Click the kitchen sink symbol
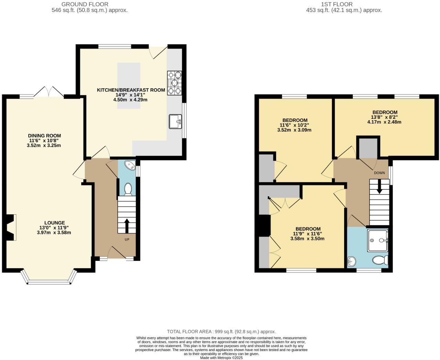pyautogui.click(x=175, y=121)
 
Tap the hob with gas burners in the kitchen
pyautogui.click(x=174, y=83)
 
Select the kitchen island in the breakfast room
pyautogui.click(x=129, y=86)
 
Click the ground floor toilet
pyautogui.click(x=128, y=189)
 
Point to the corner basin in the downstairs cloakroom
pyautogui.click(x=131, y=165)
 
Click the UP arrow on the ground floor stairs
pyautogui.click(x=126, y=226)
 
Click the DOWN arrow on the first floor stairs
pyautogui.click(x=379, y=188)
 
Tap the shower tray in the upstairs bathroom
pyautogui.click(x=377, y=240)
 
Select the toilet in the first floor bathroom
pyautogui.click(x=380, y=260)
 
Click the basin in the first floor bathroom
pyautogui.click(x=351, y=262)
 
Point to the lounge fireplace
pyautogui.click(x=11, y=227)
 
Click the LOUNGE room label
pyautogui.click(x=54, y=223)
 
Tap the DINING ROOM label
pyautogui.click(x=44, y=136)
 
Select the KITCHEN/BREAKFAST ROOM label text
pyautogui.click(x=131, y=90)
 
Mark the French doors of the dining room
pyautogui.click(x=49, y=92)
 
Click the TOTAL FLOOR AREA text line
pyautogui.click(x=221, y=331)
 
